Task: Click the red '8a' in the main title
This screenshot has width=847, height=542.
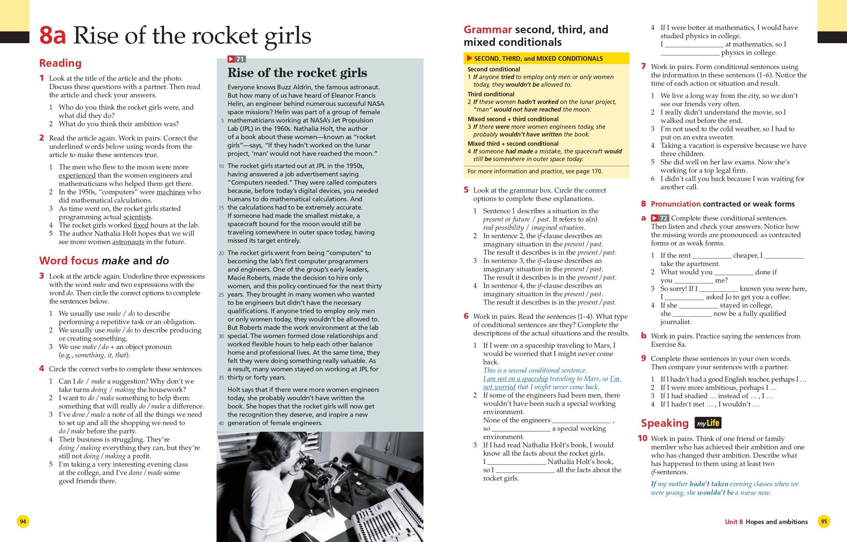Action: click(52, 36)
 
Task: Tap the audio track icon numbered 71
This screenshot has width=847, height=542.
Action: click(236, 59)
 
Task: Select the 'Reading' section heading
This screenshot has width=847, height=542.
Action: click(60, 63)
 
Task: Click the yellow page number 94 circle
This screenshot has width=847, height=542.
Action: click(23, 521)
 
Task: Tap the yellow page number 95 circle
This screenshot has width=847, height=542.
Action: click(824, 521)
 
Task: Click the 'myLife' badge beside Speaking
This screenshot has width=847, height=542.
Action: click(707, 423)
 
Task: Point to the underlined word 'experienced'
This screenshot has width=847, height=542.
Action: click(77, 175)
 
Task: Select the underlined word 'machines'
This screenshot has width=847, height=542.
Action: click(171, 192)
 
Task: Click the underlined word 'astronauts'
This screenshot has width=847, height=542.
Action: click(128, 242)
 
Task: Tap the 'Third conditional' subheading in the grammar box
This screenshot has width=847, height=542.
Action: click(491, 94)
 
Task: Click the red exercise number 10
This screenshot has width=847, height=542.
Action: click(642, 438)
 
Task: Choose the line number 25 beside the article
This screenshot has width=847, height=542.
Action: click(221, 295)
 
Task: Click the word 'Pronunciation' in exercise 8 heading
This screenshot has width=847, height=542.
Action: click(675, 204)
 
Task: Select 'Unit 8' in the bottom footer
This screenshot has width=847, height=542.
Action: click(734, 522)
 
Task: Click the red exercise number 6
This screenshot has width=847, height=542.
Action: click(466, 316)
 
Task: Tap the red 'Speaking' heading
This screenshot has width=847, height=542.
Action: click(664, 423)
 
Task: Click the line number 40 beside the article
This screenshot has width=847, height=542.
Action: click(221, 423)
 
